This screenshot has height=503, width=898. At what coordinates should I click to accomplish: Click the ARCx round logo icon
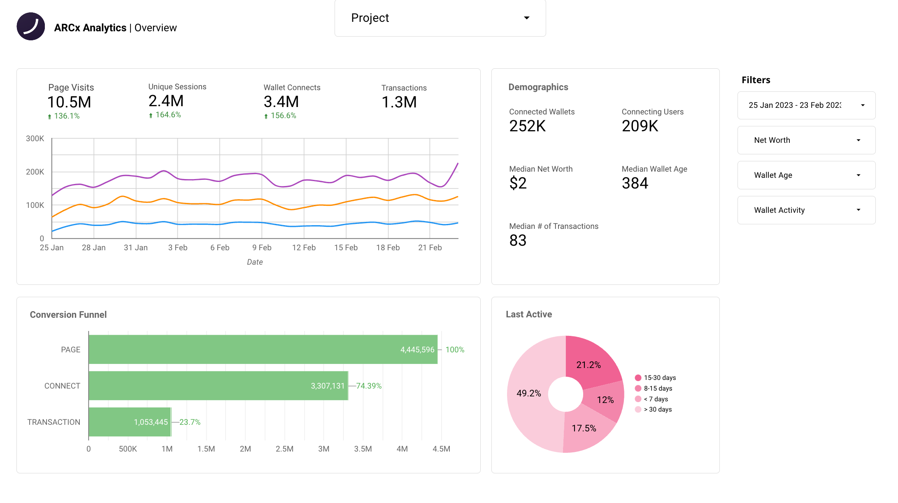[31, 26]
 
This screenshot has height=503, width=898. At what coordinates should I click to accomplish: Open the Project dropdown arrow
[526, 18]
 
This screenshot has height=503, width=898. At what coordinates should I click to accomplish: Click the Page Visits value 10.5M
[69, 102]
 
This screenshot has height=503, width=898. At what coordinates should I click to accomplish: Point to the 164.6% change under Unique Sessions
[168, 115]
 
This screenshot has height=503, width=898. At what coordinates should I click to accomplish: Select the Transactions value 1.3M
[399, 102]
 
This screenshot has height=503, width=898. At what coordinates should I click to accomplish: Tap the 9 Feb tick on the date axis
[262, 247]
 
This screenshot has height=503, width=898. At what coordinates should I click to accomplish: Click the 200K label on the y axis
[35, 172]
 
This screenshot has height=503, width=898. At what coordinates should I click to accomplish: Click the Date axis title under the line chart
[255, 262]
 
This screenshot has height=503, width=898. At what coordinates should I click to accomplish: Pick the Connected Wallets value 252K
[527, 126]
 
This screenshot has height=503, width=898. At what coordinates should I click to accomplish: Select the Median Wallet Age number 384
[635, 183]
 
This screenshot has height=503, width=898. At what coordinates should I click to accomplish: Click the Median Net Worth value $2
[518, 183]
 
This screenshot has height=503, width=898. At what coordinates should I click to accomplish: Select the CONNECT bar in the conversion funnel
[218, 386]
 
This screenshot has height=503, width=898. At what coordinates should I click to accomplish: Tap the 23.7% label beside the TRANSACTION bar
[190, 422]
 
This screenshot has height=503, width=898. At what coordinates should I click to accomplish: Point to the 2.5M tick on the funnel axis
[284, 449]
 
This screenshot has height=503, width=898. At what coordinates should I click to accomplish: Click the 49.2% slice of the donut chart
[529, 394]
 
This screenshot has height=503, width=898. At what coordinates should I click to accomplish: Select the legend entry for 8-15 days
[658, 389]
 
